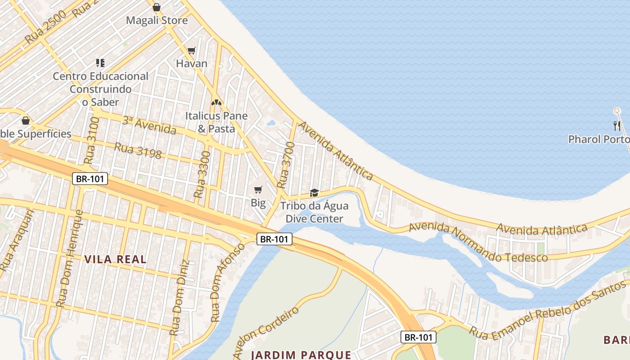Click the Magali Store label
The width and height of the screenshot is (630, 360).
tap(157, 20)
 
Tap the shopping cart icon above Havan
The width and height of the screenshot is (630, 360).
tap(192, 50)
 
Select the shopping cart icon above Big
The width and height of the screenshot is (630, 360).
tap(258, 189)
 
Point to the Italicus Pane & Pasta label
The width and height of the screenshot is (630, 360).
tap(216, 122)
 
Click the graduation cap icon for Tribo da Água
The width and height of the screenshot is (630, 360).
tap(314, 193)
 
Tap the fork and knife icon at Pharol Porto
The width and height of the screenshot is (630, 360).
tap(617, 126)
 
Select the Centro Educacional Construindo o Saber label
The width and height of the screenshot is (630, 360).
tap(100, 89)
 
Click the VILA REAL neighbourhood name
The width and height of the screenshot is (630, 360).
tap(115, 259)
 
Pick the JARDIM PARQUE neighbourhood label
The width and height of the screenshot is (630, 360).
tap(301, 354)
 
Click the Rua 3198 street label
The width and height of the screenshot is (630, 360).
tap(138, 151)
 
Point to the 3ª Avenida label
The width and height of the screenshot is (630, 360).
tap(149, 125)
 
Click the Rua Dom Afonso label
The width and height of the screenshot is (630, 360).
tap(227, 282)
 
